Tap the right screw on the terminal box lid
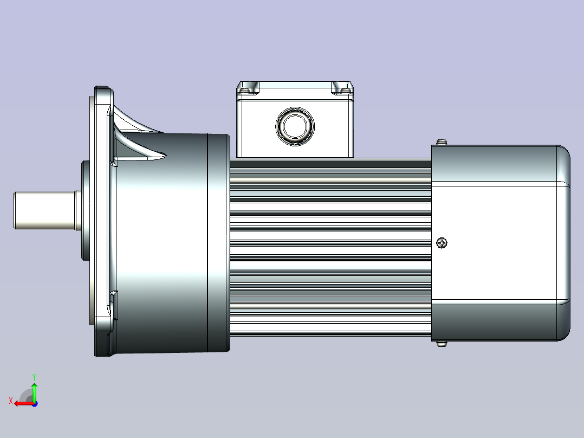pyautogui.click(x=342, y=88)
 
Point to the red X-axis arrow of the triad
pyautogui.click(x=22, y=403)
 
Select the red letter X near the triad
pyautogui.click(x=11, y=401)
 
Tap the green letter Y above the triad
pyautogui.click(x=34, y=376)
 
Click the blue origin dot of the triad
pyautogui.click(x=35, y=403)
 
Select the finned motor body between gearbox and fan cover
pyautogui.click(x=330, y=244)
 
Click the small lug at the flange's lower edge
pyautogui.click(x=114, y=297)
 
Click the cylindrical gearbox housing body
pyautogui.click(x=163, y=244)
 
